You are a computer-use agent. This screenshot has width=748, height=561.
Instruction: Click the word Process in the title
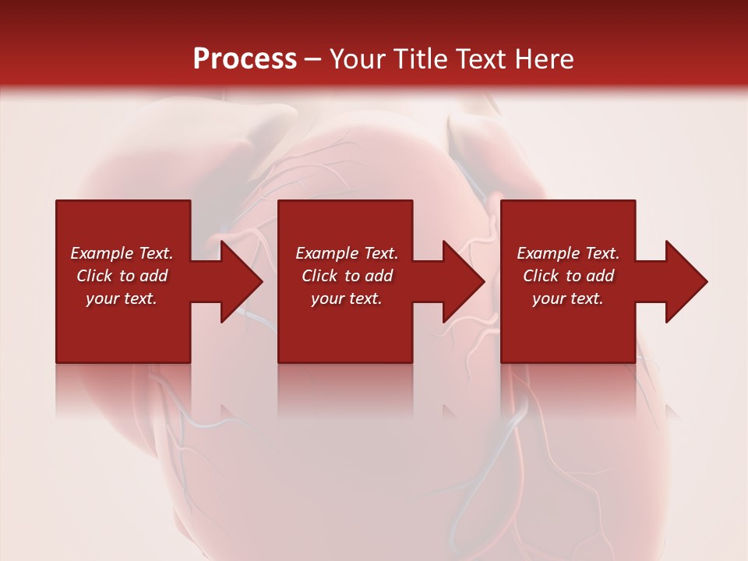pos(245,59)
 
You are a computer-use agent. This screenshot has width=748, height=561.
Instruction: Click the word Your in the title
pos(358,59)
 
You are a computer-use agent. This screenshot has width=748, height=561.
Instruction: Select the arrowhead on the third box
pos(685,281)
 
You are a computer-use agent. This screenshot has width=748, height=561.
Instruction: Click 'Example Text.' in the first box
pos(122,253)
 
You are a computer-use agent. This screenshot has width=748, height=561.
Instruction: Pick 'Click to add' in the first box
pos(122,276)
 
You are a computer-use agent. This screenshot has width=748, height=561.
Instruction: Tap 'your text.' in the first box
pos(122,298)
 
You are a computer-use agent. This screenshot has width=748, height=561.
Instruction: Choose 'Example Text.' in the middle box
pos(347,253)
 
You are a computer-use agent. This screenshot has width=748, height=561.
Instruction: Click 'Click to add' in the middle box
pos(347,276)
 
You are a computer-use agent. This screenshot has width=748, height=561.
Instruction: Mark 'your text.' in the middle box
pos(347,298)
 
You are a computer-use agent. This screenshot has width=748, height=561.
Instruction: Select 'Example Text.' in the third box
pos(568,253)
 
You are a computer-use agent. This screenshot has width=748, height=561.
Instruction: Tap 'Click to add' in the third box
pos(568,276)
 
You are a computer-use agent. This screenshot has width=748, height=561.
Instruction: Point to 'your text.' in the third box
pos(568,298)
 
